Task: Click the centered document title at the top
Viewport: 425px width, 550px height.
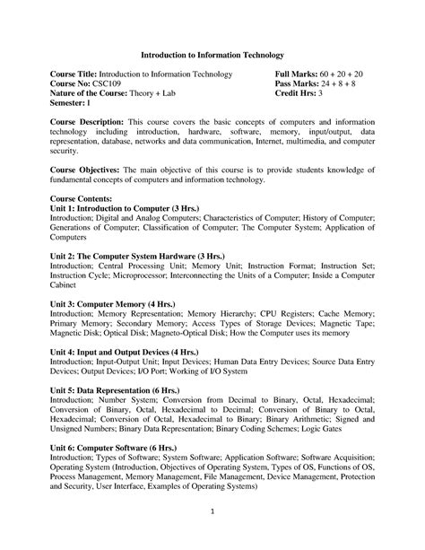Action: coord(211,55)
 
